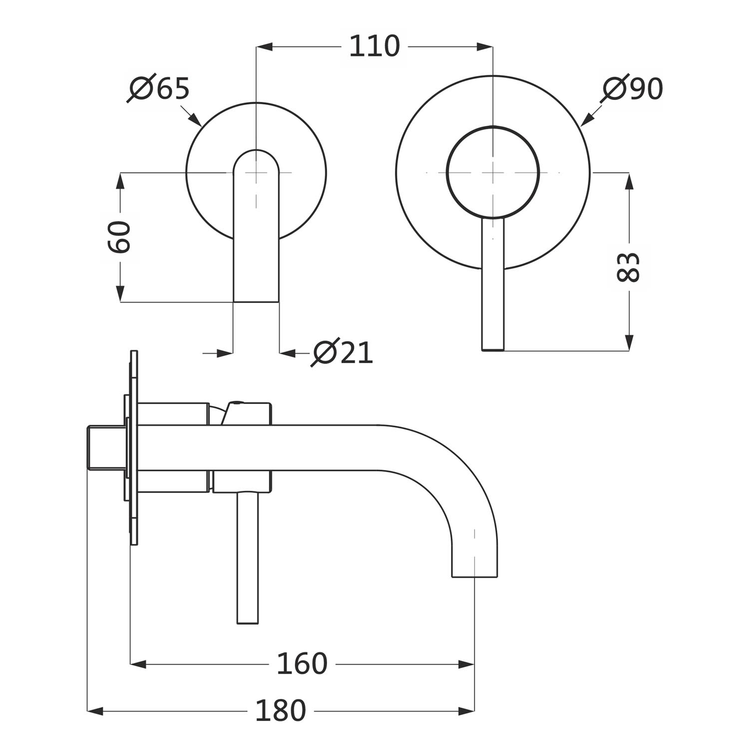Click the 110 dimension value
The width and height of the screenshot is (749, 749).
point(374,46)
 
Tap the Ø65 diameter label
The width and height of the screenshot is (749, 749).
point(159,89)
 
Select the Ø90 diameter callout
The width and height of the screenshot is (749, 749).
point(632,89)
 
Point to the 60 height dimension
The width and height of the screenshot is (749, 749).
point(120,237)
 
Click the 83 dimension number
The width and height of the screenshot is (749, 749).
point(628,267)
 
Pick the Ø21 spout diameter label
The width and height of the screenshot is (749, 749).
point(342,353)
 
